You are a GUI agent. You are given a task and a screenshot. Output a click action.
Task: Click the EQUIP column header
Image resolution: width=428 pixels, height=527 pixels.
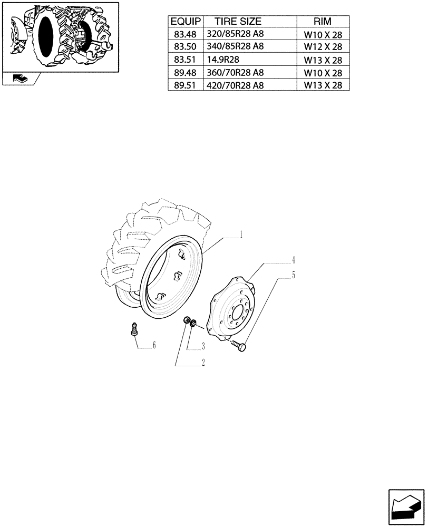click(x=184, y=22)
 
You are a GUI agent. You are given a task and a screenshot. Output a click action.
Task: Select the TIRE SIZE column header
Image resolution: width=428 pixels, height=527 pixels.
click(x=237, y=22)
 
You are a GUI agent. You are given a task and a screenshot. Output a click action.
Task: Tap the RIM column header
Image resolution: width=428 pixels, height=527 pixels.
click(x=323, y=22)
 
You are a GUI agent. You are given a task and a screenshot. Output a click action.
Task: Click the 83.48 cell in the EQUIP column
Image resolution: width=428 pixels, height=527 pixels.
click(x=184, y=34)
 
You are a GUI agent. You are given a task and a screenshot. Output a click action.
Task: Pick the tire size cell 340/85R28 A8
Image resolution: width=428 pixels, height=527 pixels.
click(x=235, y=46)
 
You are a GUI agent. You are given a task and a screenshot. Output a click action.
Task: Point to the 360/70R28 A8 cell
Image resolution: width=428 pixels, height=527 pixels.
click(x=235, y=73)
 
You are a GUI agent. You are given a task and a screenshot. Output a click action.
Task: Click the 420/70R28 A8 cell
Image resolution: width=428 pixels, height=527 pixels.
click(x=235, y=85)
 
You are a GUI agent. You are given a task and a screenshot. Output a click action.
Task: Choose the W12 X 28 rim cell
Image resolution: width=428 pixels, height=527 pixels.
click(x=323, y=47)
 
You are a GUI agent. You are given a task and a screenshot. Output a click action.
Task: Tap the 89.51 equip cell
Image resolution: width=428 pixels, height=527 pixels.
click(x=184, y=85)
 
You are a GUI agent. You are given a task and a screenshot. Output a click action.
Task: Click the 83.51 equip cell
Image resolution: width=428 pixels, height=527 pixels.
click(x=184, y=60)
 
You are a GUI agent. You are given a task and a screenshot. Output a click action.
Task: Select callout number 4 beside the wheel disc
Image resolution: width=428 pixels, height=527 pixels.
click(x=294, y=260)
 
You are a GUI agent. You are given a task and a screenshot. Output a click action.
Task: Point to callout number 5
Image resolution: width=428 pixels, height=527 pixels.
click(x=294, y=275)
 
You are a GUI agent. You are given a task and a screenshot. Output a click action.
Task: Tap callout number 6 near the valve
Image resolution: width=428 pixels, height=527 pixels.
click(x=154, y=345)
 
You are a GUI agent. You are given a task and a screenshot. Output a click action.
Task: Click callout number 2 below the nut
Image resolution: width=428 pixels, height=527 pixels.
click(x=203, y=363)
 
